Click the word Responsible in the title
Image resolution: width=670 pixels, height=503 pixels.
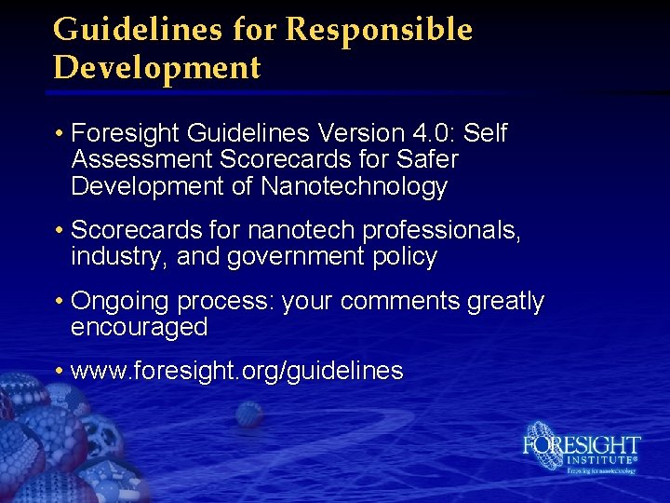pyautogui.click(x=379, y=30)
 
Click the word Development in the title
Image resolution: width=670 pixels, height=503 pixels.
pyautogui.click(x=156, y=68)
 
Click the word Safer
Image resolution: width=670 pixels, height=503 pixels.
pyautogui.click(x=422, y=160)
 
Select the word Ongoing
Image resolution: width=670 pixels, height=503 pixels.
pyautogui.click(x=120, y=302)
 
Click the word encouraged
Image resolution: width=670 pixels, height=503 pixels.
pyautogui.click(x=139, y=327)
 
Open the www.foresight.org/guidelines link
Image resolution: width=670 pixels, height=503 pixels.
pyautogui.click(x=236, y=372)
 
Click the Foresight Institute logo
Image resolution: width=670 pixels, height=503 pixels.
pyautogui.click(x=582, y=451)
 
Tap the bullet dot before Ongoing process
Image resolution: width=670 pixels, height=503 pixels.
pyautogui.click(x=59, y=302)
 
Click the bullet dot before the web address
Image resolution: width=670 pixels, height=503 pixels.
pyautogui.click(x=59, y=372)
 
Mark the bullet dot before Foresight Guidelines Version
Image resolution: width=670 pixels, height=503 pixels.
pyautogui.click(x=59, y=134)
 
